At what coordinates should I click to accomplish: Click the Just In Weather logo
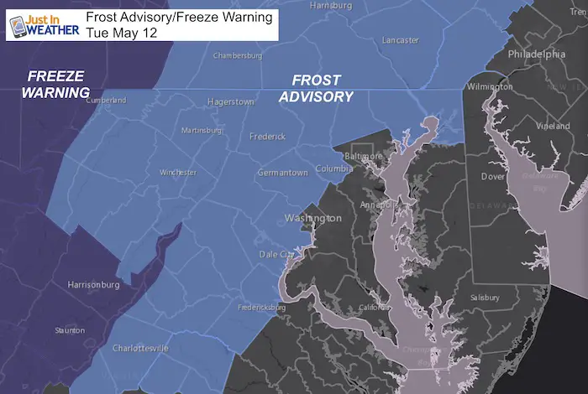click(42, 21)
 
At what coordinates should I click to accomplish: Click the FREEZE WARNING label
click(54, 83)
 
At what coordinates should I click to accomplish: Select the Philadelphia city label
click(536, 54)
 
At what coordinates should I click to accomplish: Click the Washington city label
click(312, 218)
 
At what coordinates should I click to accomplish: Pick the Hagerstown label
click(230, 102)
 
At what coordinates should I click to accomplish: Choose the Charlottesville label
click(141, 348)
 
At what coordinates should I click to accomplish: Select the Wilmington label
click(490, 87)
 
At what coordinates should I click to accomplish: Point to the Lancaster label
click(399, 40)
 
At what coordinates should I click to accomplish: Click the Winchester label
click(178, 173)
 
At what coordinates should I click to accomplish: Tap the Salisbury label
click(486, 297)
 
